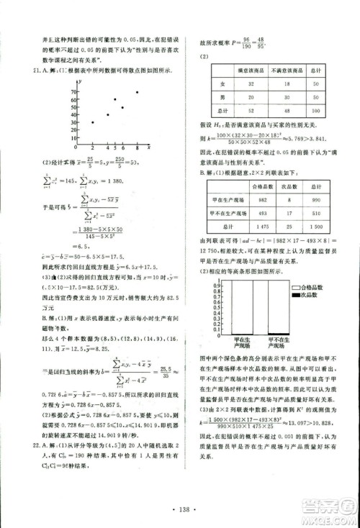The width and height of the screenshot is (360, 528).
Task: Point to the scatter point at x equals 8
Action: point(138,92)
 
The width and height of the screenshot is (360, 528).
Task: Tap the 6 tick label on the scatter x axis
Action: point(122,148)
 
